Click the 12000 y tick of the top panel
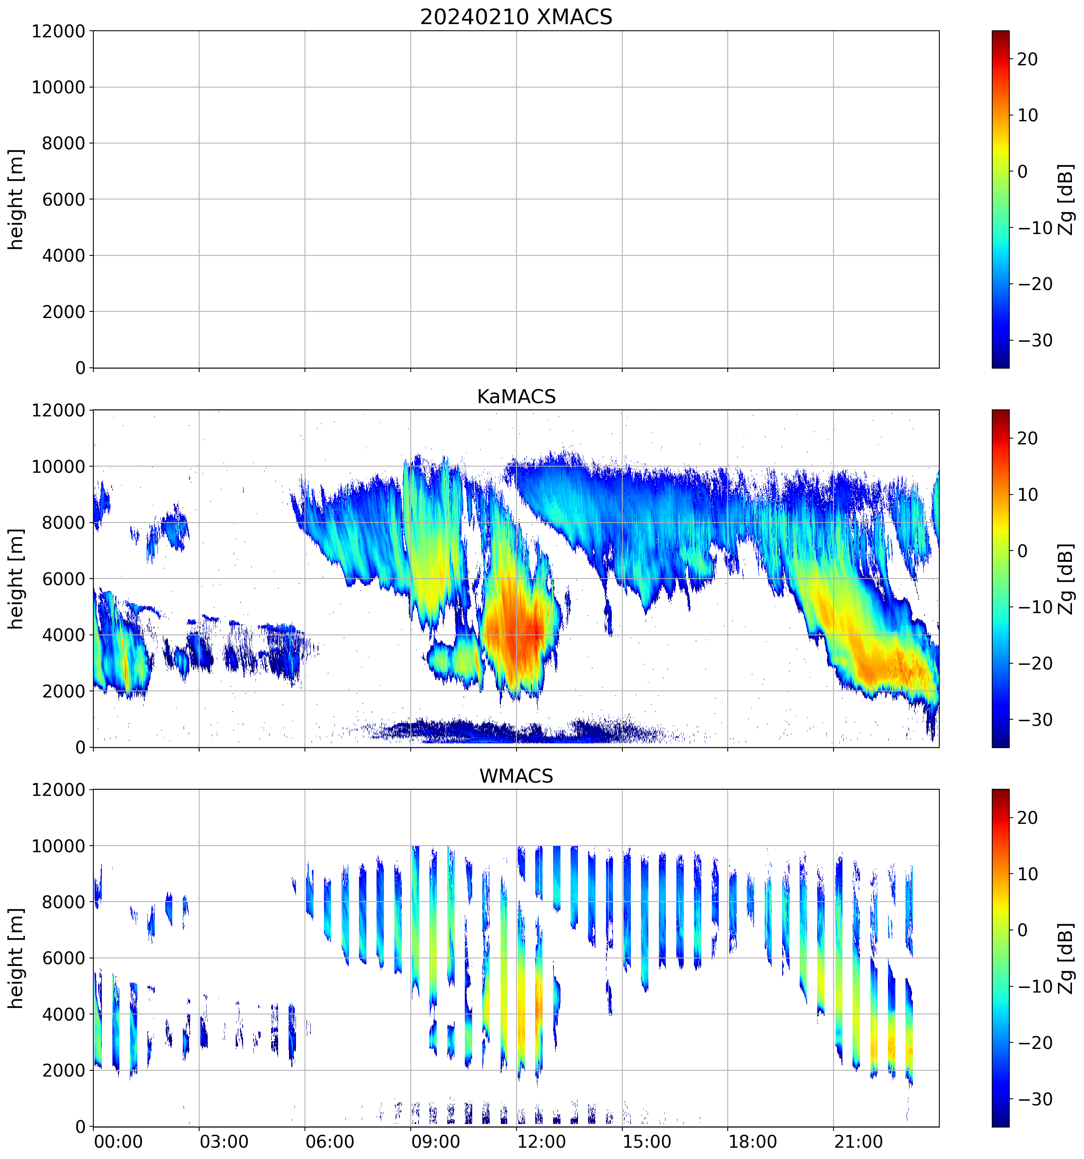pyautogui.click(x=58, y=31)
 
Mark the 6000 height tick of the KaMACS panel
pyautogui.click(x=63, y=579)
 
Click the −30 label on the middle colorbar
pyautogui.click(x=1035, y=720)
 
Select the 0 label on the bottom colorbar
pyautogui.click(x=1022, y=930)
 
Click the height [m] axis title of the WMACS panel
pyautogui.click(x=16, y=958)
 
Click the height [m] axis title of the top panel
pyautogui.click(x=16, y=199)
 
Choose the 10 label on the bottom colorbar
pyautogui.click(x=1028, y=874)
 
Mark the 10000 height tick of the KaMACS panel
pyautogui.click(x=58, y=467)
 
